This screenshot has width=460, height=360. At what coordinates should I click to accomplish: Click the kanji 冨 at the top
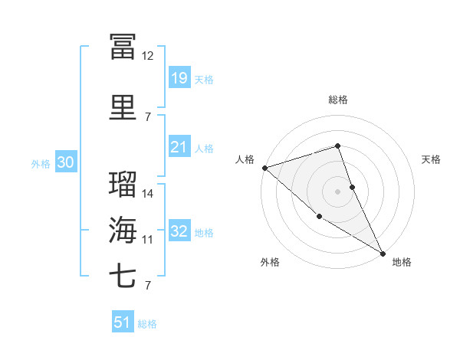pos(123,45)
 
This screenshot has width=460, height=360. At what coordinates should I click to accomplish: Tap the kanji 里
pos(123,106)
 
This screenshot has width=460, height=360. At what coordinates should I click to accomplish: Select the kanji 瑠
pos(123,185)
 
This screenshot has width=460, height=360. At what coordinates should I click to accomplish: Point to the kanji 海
pos(123,229)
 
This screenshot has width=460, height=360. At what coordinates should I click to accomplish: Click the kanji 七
pos(123,275)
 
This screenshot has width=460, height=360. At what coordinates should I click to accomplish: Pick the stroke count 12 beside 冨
pos(148,55)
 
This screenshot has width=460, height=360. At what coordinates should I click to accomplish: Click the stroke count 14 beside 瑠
pos(148,194)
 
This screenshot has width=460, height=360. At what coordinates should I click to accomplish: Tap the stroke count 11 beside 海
pos(148,240)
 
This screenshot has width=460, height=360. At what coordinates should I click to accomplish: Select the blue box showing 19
pos(179,77)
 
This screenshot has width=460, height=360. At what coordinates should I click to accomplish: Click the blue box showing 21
pos(179,147)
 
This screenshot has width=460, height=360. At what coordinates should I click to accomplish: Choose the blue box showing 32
pos(179,231)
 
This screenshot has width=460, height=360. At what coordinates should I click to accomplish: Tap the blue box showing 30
pos(65,162)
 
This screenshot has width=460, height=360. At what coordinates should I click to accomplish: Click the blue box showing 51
pos(123,322)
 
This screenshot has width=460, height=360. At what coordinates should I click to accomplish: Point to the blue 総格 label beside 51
pos(147,324)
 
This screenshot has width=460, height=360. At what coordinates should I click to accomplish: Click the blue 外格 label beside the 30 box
pos(41,163)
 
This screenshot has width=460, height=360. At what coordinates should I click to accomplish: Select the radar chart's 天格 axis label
pos(431,159)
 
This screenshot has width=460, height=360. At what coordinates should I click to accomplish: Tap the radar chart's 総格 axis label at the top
pos(337,100)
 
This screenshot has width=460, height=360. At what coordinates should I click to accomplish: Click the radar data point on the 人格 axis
pos(264,168)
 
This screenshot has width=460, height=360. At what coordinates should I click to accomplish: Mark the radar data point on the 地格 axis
pos(383,252)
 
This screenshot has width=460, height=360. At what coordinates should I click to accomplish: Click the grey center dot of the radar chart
pos(337,191)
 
